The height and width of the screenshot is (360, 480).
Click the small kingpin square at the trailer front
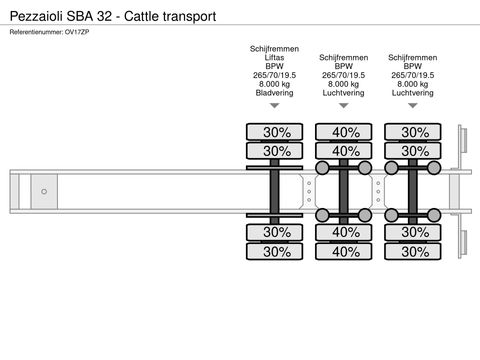point(44,191)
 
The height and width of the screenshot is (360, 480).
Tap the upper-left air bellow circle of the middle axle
point(323,167)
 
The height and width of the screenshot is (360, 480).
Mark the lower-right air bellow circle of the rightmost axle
point(434,215)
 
